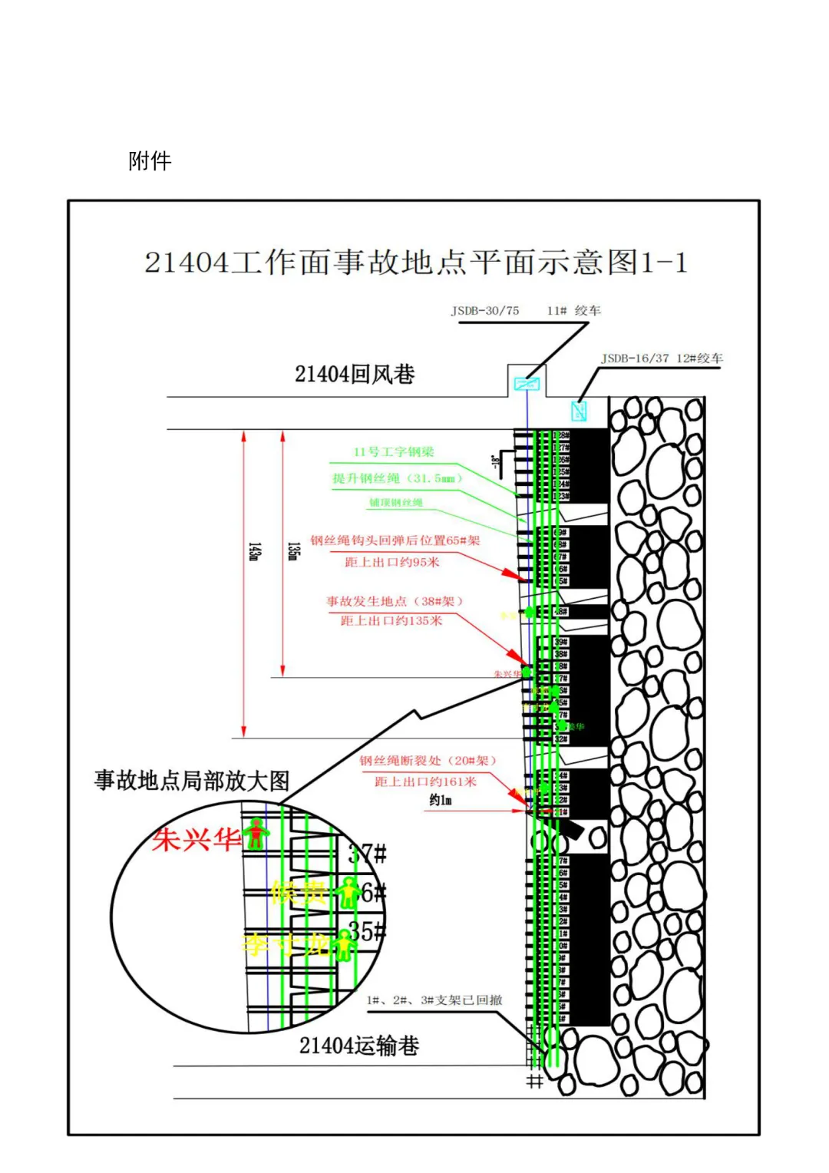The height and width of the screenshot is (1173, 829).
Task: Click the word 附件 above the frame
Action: tap(150, 161)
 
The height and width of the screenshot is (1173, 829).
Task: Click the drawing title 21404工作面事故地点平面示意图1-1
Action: tap(415, 263)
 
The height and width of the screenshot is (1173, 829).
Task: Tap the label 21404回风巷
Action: tap(355, 375)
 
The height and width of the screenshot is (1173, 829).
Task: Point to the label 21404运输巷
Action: tap(359, 1046)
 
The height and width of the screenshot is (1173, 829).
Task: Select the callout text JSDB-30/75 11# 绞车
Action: tap(526, 311)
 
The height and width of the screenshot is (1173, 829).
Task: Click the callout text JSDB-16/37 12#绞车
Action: tap(662, 359)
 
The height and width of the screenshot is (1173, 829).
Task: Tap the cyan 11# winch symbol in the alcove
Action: tap(527, 384)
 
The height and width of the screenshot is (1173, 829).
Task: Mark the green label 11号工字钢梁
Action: tap(394, 452)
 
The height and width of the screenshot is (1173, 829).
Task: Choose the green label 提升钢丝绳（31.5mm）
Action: tap(397, 478)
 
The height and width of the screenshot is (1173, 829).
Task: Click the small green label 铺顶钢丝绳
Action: tap(396, 503)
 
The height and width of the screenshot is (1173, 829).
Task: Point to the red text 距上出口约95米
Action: tap(392, 562)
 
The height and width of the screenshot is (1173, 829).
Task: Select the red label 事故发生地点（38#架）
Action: tap(395, 601)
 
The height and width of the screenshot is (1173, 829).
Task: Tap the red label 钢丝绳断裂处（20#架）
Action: tap(428, 761)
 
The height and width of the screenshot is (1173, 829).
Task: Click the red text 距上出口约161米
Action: tap(425, 781)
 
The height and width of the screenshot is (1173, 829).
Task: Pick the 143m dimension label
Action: tap(254, 551)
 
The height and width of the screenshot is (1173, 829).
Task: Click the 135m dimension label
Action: tap(292, 551)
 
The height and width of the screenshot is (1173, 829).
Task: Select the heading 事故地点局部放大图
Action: tap(192, 781)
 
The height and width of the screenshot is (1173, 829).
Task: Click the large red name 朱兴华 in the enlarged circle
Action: tap(197, 839)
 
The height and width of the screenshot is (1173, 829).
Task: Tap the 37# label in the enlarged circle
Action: tap(368, 854)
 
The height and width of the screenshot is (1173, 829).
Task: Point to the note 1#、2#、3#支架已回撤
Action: tap(434, 1000)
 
